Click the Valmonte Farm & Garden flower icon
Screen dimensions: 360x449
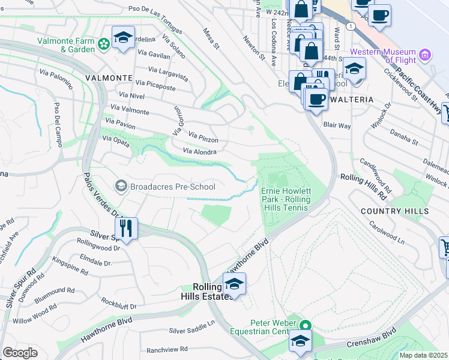pos(104,43)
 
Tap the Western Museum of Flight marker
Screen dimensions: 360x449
pos(426,56)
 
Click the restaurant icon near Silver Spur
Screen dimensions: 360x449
pos(127,228)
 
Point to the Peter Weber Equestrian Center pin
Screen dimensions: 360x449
pos(306,326)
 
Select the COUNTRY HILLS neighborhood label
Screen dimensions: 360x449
pos(395,211)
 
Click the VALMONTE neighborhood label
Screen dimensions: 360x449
pos(109,78)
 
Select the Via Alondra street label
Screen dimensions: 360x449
pos(199,152)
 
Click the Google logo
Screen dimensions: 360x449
pos(20,353)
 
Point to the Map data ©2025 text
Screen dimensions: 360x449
pos(424,355)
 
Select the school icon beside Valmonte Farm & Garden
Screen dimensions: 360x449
pos(123,39)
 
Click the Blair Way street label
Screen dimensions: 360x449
pos(337,126)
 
